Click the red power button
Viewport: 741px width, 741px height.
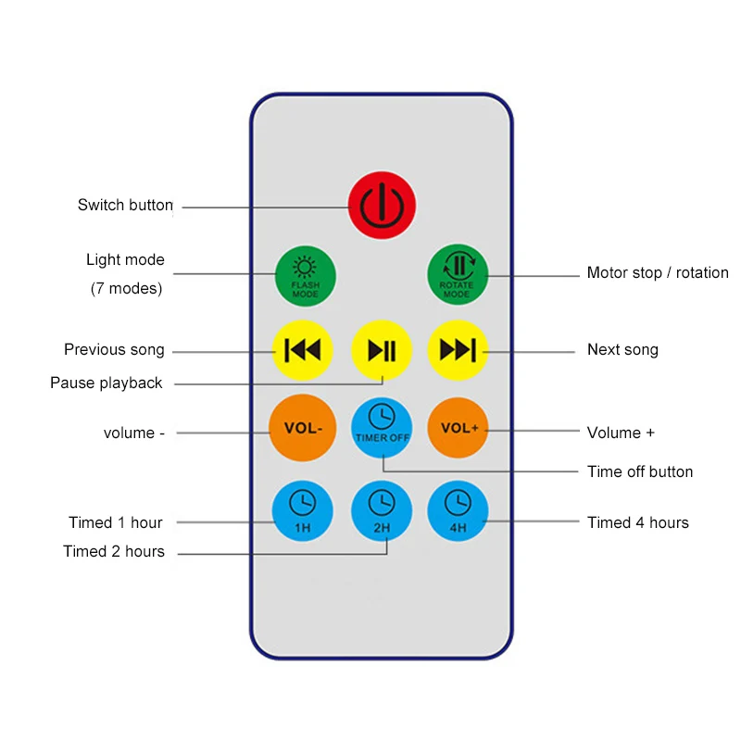pos(382,206)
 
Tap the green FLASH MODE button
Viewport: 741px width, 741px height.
pos(305,275)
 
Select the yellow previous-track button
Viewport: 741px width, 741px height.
pos(302,350)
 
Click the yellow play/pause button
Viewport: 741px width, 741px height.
pos(382,350)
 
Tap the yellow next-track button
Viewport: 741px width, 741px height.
pos(458,350)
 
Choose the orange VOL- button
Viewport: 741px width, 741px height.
pos(302,428)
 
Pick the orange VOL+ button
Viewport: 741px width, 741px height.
pos(458,428)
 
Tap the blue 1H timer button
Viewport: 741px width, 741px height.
pos(302,510)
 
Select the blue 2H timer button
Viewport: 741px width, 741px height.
pos(382,510)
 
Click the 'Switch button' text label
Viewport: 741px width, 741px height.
pos(125,206)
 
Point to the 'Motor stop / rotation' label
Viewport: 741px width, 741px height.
pos(658,273)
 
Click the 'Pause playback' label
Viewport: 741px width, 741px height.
pos(107,383)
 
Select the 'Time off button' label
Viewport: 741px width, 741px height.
pos(640,472)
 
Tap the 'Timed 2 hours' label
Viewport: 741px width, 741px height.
pos(114,552)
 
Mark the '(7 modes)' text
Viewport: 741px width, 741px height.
pos(126,288)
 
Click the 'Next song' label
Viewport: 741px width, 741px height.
pos(622,350)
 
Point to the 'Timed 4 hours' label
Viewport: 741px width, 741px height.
pos(638,523)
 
